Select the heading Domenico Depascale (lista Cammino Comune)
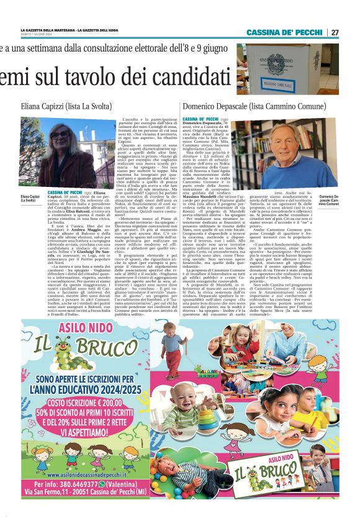point(255,106)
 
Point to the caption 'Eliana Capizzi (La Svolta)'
point(29,198)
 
